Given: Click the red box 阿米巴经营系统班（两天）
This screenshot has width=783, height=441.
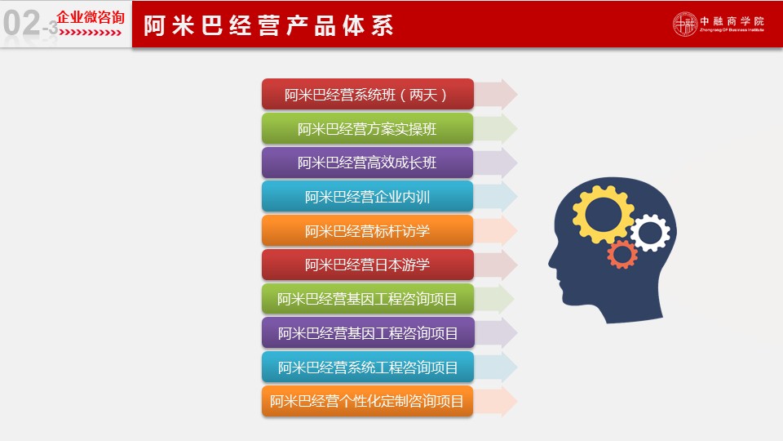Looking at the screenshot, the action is click(368, 94).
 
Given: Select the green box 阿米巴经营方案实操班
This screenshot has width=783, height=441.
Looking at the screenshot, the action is click(368, 128).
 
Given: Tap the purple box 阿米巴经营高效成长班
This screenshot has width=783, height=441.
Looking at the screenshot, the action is click(368, 163).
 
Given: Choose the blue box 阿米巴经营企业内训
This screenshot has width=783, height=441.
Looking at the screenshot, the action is click(368, 197).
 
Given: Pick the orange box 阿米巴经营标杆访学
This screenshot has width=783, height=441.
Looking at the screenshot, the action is click(368, 230).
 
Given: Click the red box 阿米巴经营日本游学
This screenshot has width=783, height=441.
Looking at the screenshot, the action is click(368, 265).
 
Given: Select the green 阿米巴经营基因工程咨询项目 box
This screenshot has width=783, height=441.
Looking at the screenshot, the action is click(368, 299).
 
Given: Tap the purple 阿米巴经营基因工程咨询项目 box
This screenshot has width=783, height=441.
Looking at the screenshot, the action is click(368, 332).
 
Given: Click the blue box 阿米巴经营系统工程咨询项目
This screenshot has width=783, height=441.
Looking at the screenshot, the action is click(368, 367).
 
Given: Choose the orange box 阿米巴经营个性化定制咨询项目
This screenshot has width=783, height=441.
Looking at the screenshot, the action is click(368, 401).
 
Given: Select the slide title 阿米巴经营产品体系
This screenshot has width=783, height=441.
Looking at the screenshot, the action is click(268, 25).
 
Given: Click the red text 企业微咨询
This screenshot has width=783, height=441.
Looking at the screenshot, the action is click(91, 17).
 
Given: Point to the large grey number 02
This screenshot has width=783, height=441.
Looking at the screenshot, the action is click(21, 23).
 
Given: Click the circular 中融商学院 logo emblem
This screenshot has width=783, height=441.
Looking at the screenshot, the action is click(684, 24).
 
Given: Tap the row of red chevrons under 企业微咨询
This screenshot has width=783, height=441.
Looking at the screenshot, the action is click(91, 33).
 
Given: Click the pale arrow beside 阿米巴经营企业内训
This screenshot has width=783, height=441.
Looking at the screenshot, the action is click(495, 197).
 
